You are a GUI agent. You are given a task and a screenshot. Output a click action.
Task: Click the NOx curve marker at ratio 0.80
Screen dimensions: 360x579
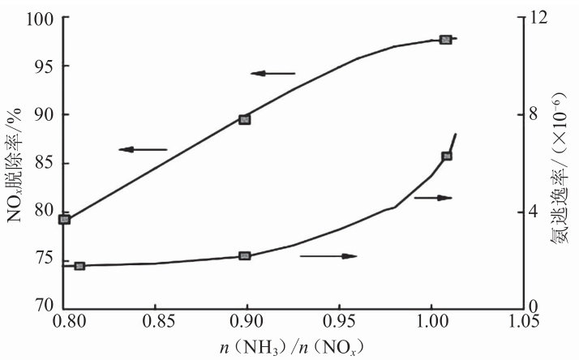[65, 219]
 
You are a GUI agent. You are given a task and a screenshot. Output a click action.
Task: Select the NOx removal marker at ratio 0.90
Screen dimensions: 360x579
[245, 119]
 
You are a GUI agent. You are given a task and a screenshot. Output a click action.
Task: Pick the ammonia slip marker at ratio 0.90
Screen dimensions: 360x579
[245, 256]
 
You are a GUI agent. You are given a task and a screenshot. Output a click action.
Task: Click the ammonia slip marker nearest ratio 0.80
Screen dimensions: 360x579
[79, 266]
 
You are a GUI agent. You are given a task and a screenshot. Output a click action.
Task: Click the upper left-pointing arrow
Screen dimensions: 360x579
[273, 74]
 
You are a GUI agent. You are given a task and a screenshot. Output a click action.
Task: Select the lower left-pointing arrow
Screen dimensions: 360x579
[142, 149]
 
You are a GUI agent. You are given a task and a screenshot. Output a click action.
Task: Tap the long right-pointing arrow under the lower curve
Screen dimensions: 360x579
[328, 256]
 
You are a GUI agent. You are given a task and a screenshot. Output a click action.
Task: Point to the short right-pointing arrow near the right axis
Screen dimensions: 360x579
[432, 198]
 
